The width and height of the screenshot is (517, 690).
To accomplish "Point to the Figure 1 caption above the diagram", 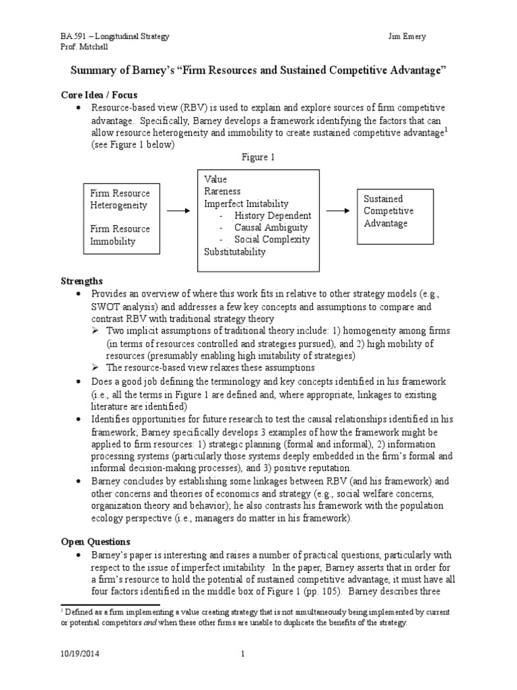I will [x=258, y=156].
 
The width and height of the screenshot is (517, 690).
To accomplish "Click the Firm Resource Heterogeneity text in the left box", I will [x=120, y=199].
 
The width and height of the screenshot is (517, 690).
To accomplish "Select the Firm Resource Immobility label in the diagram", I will [x=120, y=234].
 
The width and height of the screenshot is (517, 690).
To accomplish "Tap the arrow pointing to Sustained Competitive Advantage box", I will [x=339, y=211].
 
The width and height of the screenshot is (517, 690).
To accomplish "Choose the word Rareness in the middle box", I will [x=222, y=191].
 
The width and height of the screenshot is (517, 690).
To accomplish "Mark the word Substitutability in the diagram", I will [x=235, y=252].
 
